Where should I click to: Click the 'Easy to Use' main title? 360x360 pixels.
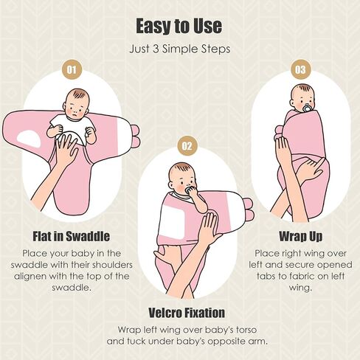[179, 26]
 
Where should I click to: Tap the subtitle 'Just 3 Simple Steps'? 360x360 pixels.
[180, 49]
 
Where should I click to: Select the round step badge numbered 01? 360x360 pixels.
[72, 69]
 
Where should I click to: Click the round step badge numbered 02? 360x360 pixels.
[187, 146]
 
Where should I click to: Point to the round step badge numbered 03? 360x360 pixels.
[300, 69]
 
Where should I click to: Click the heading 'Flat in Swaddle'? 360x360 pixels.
[72, 236]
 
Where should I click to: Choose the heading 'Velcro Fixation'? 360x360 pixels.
[187, 313]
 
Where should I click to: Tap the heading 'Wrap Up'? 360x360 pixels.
[300, 236]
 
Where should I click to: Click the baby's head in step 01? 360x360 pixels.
[76, 104]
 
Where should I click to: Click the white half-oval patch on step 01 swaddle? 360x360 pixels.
[29, 139]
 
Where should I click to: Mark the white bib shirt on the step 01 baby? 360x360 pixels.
[72, 128]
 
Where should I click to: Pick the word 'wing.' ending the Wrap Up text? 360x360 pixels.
[300, 288]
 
